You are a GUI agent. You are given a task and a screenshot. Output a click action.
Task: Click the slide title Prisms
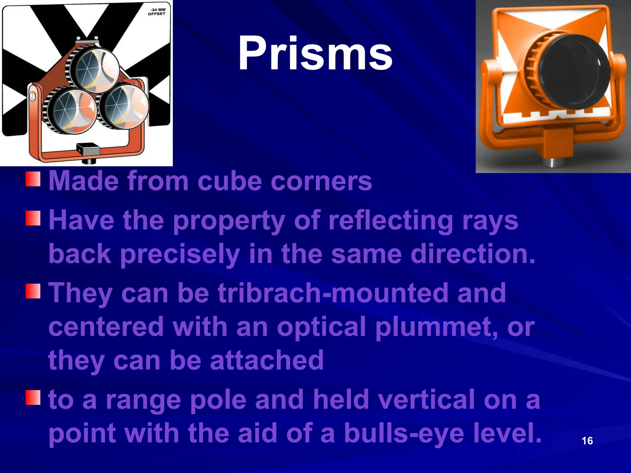tap(315, 54)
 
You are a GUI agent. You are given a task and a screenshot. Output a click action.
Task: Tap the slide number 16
tap(587, 441)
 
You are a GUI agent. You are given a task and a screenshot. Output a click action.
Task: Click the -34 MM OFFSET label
tap(157, 12)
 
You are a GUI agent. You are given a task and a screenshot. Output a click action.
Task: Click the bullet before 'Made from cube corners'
tap(33, 179)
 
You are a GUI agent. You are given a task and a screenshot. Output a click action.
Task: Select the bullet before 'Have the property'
tap(33, 218)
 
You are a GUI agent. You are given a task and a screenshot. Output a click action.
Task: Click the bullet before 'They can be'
tap(33, 291)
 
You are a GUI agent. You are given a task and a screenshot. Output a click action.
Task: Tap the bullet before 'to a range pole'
tap(33, 397)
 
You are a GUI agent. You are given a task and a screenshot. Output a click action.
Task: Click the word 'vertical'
tap(427, 399)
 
